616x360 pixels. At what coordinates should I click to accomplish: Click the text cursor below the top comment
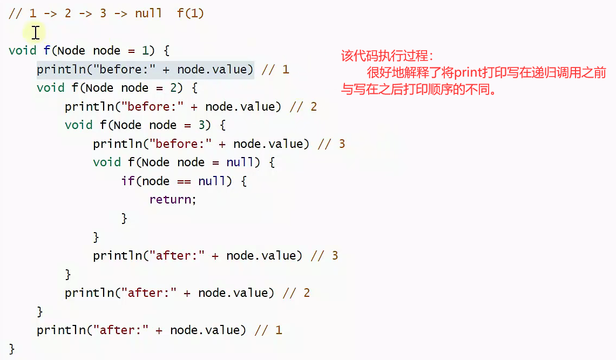[36, 32]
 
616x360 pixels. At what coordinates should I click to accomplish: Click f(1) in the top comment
[191, 13]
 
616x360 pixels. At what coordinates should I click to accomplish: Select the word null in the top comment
[148, 13]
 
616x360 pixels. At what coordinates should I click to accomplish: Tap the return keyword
[171, 200]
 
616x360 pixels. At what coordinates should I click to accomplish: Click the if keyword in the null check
[127, 181]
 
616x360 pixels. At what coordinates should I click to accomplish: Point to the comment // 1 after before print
[275, 70]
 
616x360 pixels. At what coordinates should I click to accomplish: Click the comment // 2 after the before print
[303, 107]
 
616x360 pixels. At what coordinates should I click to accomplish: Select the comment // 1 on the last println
[268, 330]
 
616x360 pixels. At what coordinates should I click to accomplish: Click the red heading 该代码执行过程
[387, 56]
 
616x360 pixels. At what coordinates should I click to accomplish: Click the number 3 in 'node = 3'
[201, 125]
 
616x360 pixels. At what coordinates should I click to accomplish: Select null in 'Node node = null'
[240, 162]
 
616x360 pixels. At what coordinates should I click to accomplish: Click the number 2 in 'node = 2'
[173, 88]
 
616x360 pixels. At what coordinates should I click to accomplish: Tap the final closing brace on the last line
[12, 349]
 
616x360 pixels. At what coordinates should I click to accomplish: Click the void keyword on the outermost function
[23, 51]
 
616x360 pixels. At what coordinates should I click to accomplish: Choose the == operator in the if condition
[184, 181]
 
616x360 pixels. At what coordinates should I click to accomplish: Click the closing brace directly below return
[124, 219]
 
